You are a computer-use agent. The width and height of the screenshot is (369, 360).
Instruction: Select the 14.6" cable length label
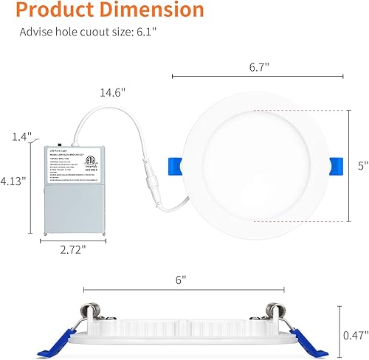[113, 94]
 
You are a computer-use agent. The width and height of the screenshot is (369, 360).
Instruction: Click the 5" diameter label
[362, 166]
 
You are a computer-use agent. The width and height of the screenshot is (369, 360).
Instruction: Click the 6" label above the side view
[182, 280]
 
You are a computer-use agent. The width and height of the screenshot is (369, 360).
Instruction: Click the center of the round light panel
[252, 166]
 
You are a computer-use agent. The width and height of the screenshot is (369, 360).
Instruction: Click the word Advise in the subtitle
[36, 33]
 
